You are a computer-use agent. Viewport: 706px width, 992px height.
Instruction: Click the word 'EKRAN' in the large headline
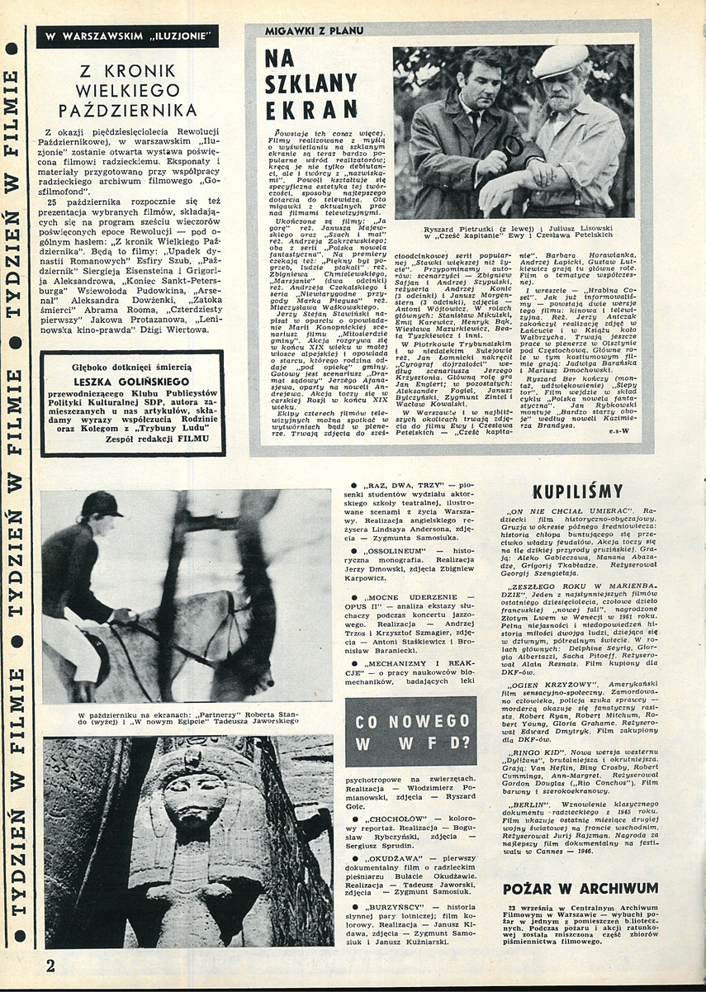311,108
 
